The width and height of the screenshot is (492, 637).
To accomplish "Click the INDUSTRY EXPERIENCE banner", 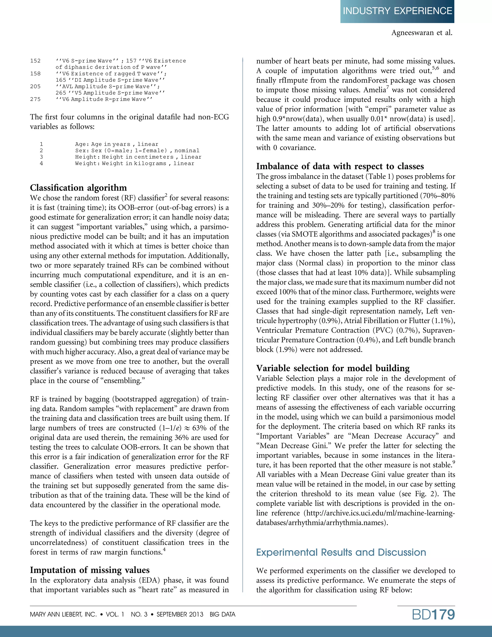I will (x=397, y=11).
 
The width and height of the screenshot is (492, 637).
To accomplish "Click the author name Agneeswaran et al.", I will (x=421, y=33).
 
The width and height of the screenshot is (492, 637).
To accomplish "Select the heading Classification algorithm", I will (x=78, y=187).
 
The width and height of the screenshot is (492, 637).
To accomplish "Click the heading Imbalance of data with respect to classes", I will (x=340, y=166).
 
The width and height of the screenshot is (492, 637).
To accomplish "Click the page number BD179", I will (x=433, y=614).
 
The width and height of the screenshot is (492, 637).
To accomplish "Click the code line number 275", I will (x=35, y=99).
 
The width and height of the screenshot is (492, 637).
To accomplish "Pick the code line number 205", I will (x=35, y=86).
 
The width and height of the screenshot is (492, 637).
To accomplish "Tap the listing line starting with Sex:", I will (x=137, y=150).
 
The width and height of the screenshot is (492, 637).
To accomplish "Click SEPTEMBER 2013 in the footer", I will (x=180, y=614).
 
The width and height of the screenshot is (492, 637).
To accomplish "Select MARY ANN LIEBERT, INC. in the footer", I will (x=63, y=614).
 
